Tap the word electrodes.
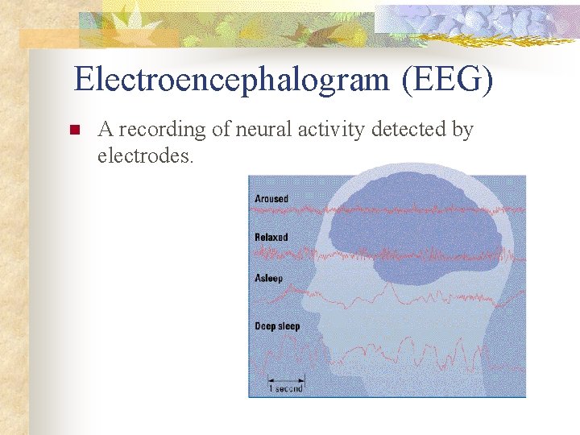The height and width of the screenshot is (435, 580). point(145,155)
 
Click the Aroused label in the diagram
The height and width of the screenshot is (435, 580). point(271,199)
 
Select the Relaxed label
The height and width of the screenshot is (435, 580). point(271,238)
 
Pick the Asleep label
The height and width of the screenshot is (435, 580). point(269,279)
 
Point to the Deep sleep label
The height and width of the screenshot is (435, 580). point(277,326)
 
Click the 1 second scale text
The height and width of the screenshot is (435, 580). point(286,388)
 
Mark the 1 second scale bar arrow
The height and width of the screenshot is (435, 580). point(286,379)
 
